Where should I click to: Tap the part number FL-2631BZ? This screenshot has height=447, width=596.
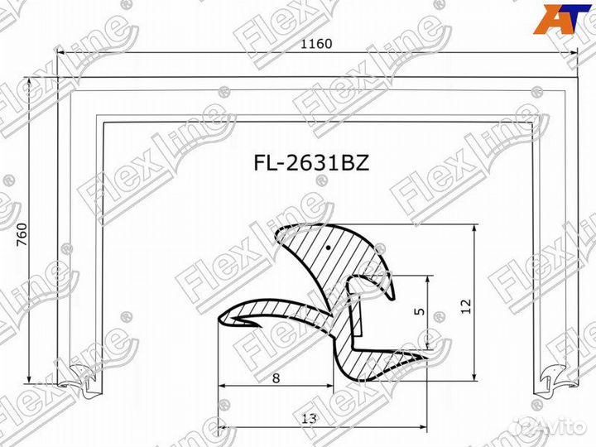pos(311,163)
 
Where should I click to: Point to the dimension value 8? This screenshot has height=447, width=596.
pos(276,377)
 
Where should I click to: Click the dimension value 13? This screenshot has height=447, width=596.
pos(309,419)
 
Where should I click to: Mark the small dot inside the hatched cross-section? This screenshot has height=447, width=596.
pos(329,247)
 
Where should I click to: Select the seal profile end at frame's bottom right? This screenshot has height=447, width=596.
pos(551,378)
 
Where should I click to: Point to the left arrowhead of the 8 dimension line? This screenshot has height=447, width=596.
pos(223,387)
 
